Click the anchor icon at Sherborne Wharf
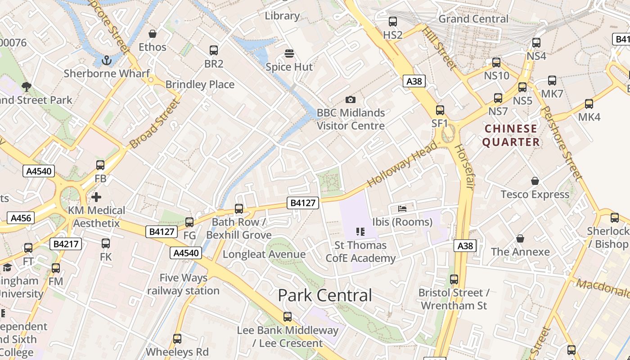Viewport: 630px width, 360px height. click(x=107, y=60)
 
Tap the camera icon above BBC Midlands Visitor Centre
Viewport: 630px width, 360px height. click(x=351, y=99)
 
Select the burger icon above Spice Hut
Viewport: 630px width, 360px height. click(x=289, y=54)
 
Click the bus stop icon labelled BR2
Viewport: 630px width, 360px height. click(x=214, y=50)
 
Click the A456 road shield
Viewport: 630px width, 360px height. click(x=21, y=218)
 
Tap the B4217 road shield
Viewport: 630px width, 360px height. click(x=66, y=244)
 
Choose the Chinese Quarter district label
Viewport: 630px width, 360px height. click(x=511, y=135)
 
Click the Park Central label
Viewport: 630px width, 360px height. click(x=325, y=296)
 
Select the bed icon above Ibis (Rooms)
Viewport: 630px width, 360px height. click(x=402, y=209)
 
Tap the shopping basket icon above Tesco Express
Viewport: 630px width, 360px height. click(x=535, y=181)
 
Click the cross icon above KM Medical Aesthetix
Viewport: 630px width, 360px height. click(x=96, y=197)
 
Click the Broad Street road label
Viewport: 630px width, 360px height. click(x=154, y=124)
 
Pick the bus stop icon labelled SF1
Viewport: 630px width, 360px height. click(x=440, y=110)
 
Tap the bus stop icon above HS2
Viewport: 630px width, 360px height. click(x=393, y=22)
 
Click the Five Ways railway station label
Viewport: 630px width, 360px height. click(x=184, y=284)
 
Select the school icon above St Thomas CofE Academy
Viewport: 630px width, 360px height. click(x=360, y=232)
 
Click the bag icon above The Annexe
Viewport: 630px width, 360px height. click(x=520, y=238)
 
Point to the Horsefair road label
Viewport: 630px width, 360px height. click(x=464, y=167)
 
